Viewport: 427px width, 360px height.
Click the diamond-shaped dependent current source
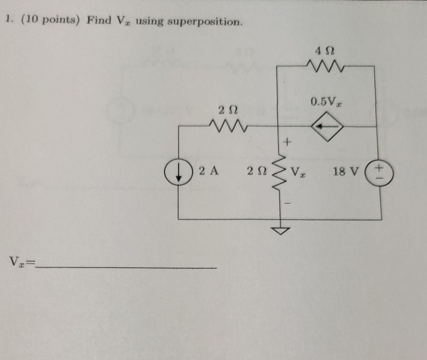pyautogui.click(x=327, y=126)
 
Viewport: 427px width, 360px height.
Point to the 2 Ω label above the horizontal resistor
pyautogui.click(x=228, y=109)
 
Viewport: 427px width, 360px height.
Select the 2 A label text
pyautogui.click(x=209, y=171)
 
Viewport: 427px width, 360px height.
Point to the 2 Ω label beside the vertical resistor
pyautogui.click(x=256, y=172)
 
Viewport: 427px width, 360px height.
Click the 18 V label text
pyautogui.click(x=346, y=172)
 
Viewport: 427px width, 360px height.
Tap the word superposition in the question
pyautogui.click(x=204, y=22)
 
